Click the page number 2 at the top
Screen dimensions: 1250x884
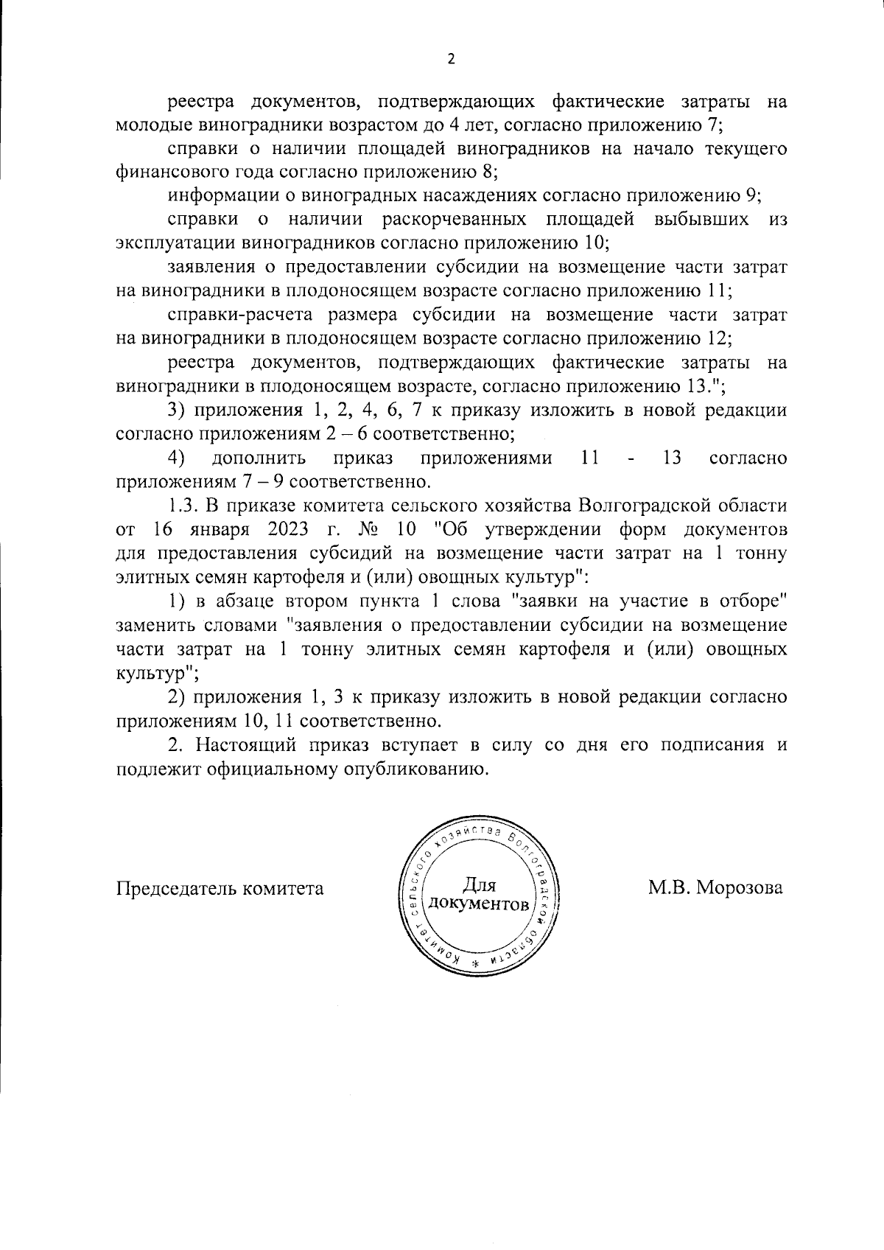pos(451,60)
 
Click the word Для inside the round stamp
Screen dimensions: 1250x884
pos(480,884)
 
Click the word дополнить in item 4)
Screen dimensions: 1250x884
pos(259,458)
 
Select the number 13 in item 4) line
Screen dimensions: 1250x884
pos(671,458)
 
